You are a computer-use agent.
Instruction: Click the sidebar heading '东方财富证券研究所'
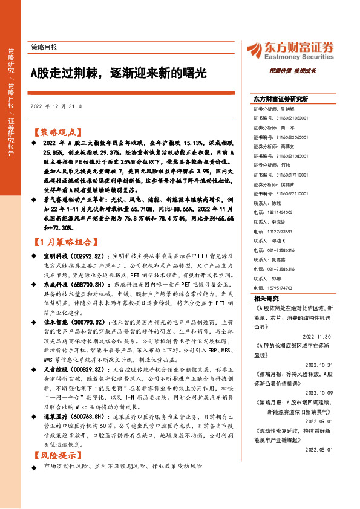[281, 98]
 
